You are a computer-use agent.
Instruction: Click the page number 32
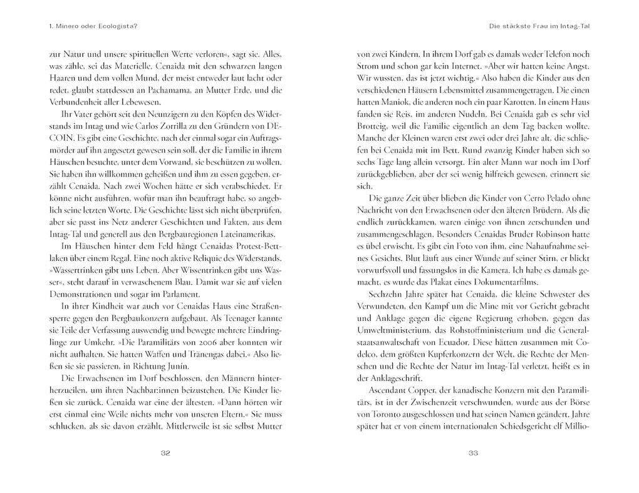coord(165,454)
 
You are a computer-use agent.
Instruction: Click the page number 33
coord(474,454)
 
